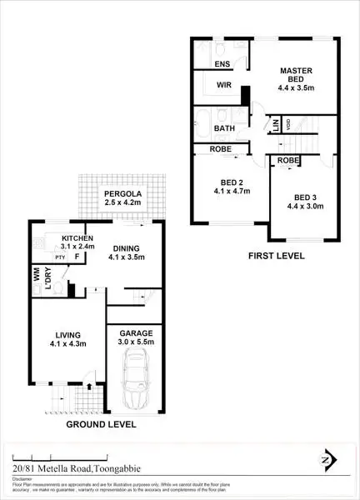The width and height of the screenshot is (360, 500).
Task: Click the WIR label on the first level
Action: (222, 85)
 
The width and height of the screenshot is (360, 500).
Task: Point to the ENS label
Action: (222, 64)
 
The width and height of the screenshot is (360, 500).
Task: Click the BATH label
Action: (222, 128)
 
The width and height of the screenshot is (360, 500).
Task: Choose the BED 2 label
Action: (231, 184)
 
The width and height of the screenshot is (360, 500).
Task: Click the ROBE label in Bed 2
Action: (222, 149)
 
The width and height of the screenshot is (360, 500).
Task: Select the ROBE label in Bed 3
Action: (287, 160)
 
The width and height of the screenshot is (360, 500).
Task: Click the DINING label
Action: (127, 247)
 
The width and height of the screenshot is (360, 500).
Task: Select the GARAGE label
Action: (134, 332)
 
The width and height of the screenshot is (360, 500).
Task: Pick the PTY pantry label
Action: (61, 258)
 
